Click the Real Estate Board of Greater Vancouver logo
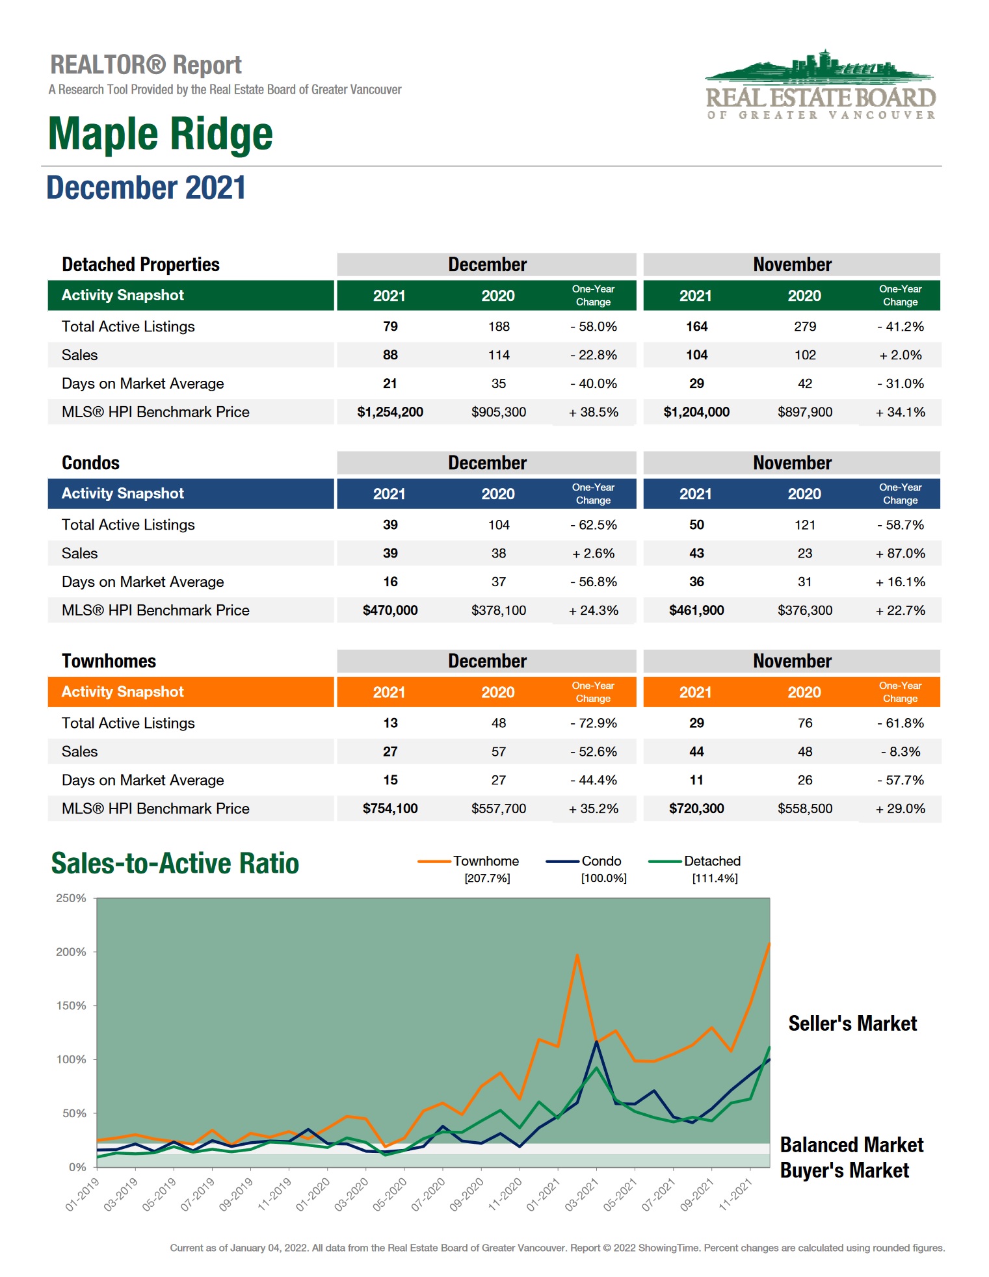pos(821,85)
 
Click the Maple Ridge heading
pos(161,134)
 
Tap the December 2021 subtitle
pos(146,188)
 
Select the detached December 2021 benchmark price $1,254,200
pos(390,412)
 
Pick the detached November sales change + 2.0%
pos(901,355)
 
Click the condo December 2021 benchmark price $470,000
pos(390,610)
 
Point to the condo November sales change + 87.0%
pos(901,554)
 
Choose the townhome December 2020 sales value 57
pos(499,752)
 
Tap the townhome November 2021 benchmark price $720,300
pos(696,809)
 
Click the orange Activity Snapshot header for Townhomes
pos(123,692)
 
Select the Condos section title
pos(91,463)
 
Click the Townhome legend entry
pos(486,861)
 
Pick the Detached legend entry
pos(712,861)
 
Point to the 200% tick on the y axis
pos(71,952)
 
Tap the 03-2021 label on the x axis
pos(581,1194)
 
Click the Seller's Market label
pos(852,1024)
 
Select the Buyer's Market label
pos(844,1170)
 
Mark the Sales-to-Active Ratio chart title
pos(175,864)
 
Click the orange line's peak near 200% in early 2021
pos(577,955)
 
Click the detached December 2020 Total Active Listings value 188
pos(499,327)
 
